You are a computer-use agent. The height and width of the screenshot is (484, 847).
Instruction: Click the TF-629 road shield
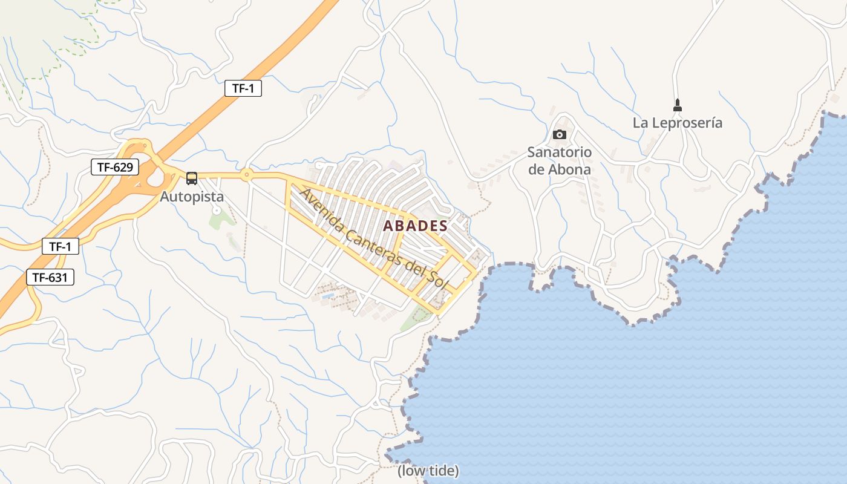(115, 167)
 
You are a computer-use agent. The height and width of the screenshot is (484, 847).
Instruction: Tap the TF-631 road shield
(50, 278)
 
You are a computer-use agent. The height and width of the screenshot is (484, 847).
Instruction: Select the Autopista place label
(192, 197)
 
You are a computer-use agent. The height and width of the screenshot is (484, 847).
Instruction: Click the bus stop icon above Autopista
(192, 178)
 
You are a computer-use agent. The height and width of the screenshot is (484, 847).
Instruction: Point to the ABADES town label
(416, 226)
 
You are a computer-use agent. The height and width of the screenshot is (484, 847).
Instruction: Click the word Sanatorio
(559, 152)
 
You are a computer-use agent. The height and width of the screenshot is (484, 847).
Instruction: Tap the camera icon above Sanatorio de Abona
(560, 134)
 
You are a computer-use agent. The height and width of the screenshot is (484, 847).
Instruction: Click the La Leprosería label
(677, 123)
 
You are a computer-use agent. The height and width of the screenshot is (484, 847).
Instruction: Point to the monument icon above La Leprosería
(678, 105)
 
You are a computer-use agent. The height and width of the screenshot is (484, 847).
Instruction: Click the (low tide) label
(428, 471)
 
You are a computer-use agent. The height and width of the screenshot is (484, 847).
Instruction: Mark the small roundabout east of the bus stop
(246, 175)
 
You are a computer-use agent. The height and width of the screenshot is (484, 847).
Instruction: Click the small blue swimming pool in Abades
(327, 296)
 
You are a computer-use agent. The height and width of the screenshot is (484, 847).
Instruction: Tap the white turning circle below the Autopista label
(216, 211)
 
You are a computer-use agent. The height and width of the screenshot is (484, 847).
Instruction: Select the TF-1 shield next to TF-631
(60, 246)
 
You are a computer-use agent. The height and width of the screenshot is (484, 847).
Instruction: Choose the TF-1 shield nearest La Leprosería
(243, 88)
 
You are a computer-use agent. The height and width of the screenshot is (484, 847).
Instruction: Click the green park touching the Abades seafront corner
(416, 317)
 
